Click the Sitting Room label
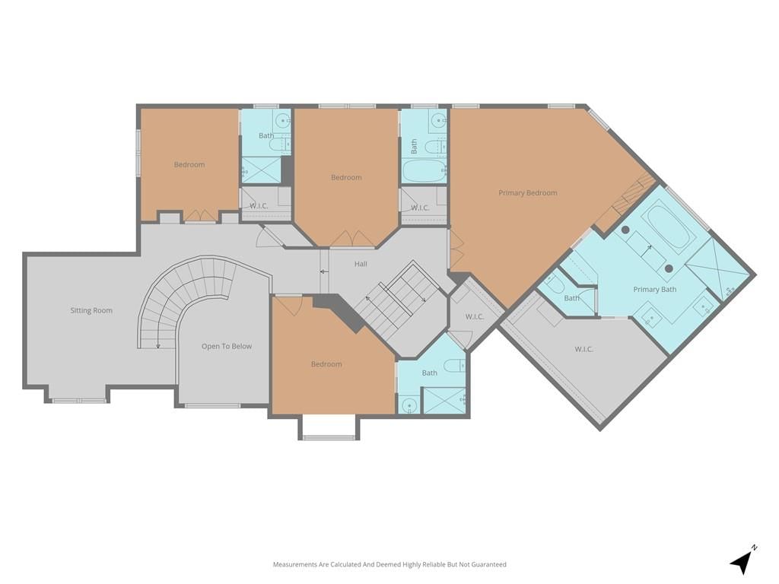point(91,310)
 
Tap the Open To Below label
point(227,346)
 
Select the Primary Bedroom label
point(528,192)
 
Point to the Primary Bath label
point(655,289)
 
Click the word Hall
point(361,264)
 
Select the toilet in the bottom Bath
point(455,366)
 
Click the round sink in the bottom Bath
point(409,405)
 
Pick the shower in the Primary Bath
point(717,270)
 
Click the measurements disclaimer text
point(389,564)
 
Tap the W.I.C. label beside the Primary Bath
point(583,349)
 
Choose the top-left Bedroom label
point(189,164)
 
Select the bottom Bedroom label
point(326,364)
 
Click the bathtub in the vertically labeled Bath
point(422,171)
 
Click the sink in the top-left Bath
point(283,119)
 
